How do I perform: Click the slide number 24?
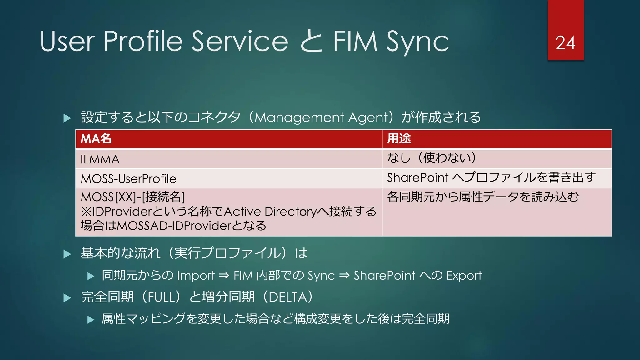[565, 43]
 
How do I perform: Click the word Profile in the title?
[142, 41]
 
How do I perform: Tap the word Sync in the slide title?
[417, 42]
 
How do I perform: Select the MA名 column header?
[96, 138]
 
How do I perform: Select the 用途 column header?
[399, 138]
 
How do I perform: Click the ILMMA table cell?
[100, 160]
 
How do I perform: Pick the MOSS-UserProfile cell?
[128, 179]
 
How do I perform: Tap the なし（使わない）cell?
[432, 158]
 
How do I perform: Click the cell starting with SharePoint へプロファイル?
[491, 177]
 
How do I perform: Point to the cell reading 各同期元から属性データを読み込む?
[483, 197]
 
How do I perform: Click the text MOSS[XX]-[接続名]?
[132, 197]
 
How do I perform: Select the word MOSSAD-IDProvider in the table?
[174, 226]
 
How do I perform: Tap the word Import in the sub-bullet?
[196, 276]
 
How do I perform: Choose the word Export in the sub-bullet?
[464, 276]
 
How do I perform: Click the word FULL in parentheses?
[161, 297]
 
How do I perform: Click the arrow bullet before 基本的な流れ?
[67, 254]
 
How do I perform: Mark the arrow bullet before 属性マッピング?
[91, 320]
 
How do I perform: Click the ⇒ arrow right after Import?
[224, 276]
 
